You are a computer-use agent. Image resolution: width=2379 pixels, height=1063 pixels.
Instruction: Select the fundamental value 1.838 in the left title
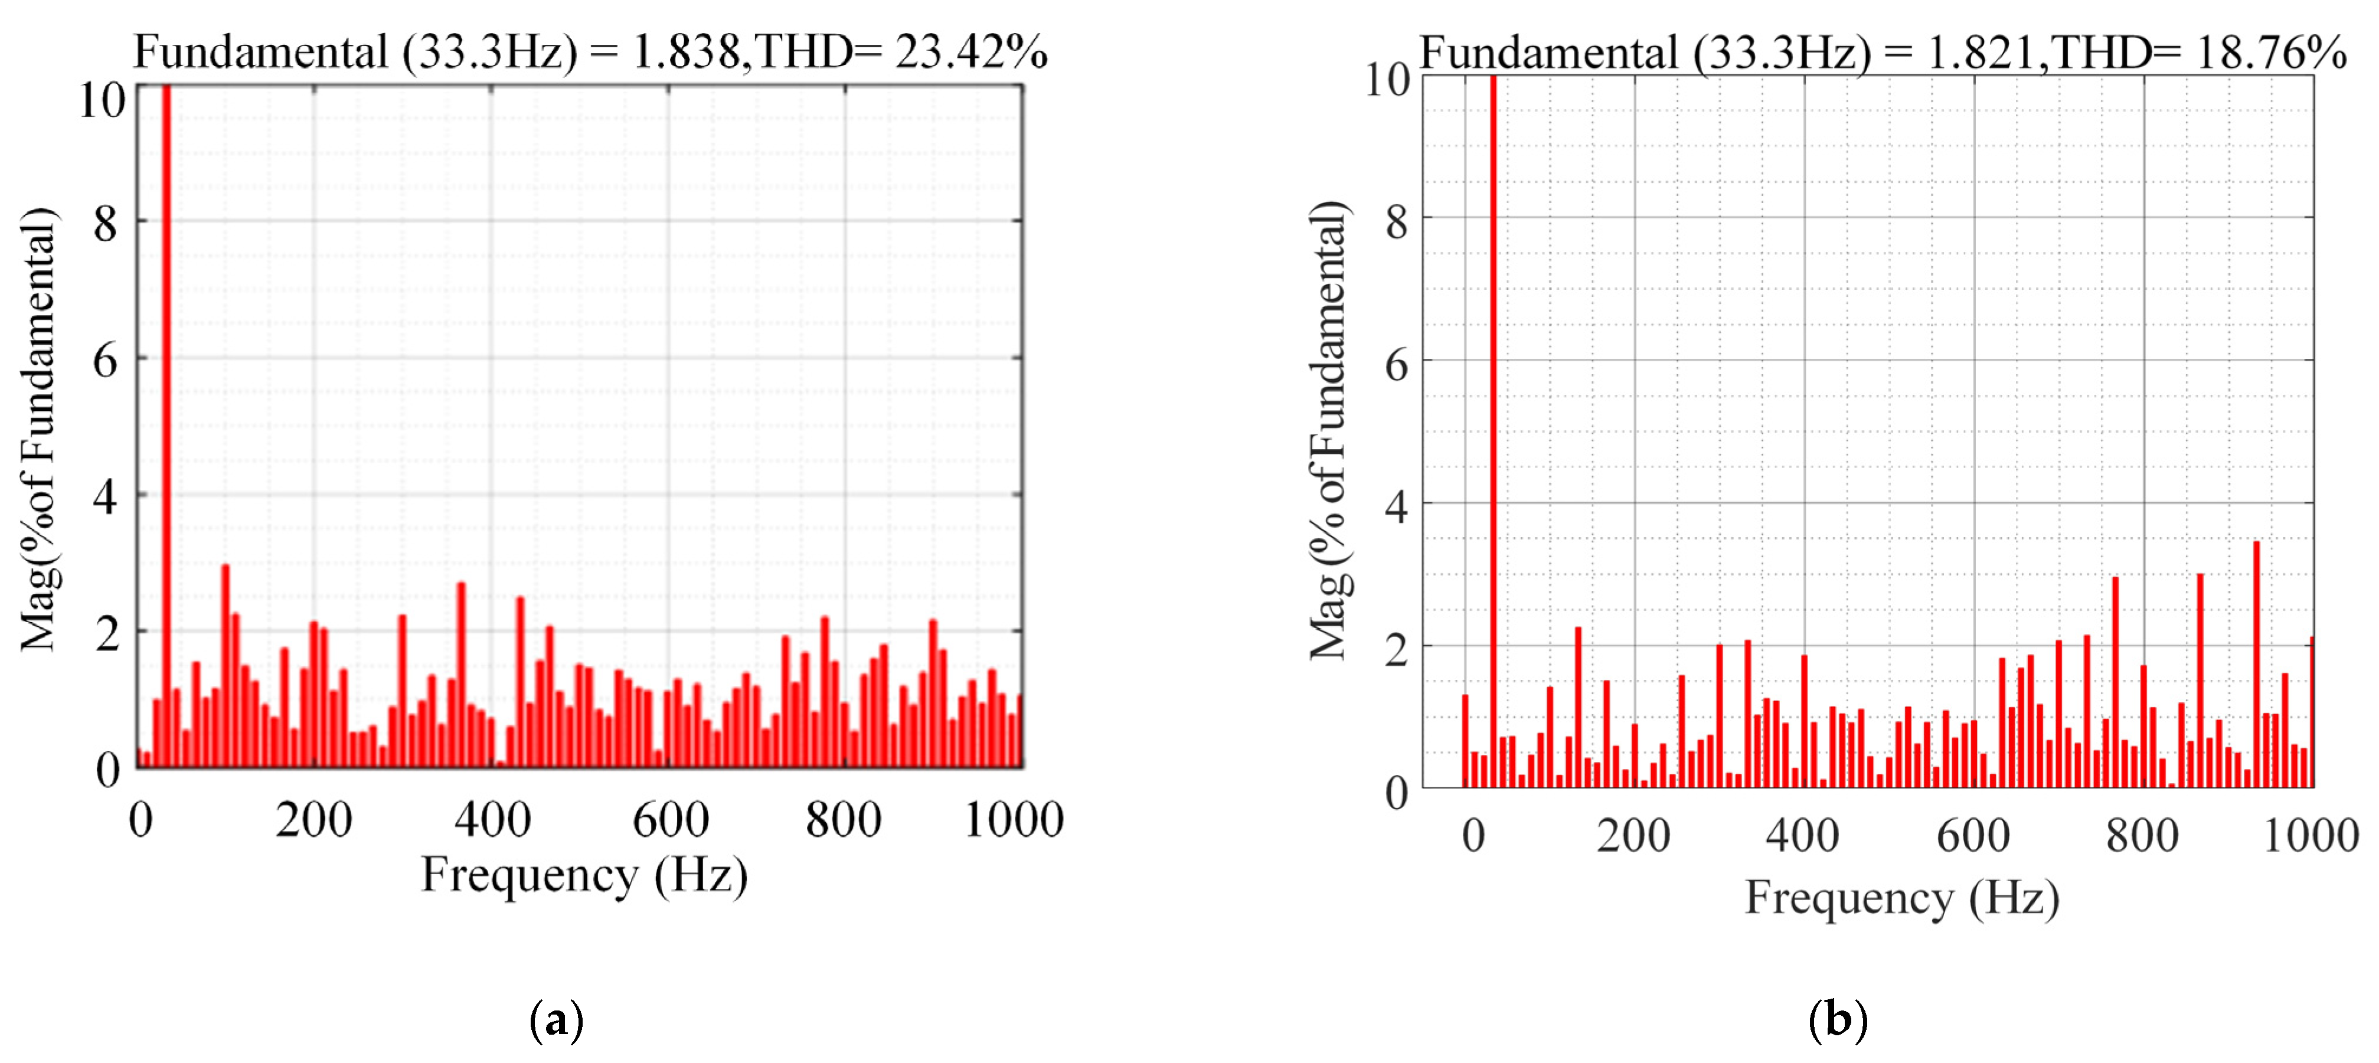click(x=685, y=52)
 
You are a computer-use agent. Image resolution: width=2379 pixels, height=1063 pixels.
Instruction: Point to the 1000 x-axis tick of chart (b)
click(x=2311, y=836)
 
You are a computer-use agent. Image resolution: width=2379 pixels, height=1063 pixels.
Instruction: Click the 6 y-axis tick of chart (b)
click(x=1396, y=366)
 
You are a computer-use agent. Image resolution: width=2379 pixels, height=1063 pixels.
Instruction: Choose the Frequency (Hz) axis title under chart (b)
click(x=1901, y=897)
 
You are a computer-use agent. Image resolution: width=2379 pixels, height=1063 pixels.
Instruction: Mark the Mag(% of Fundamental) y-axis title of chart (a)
click(x=39, y=430)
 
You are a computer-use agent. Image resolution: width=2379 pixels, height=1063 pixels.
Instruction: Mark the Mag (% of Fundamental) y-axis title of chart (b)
click(x=1331, y=430)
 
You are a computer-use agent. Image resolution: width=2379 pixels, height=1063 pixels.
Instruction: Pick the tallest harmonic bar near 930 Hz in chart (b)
click(x=2257, y=665)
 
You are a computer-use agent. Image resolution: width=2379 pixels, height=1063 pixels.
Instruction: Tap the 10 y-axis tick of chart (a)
click(x=102, y=100)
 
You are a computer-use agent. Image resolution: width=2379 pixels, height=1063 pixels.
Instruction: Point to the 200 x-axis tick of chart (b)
click(x=1633, y=836)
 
